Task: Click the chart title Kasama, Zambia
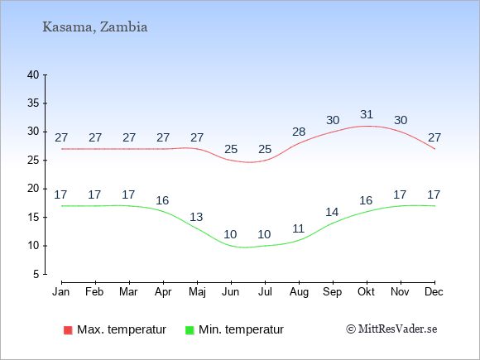click(95, 27)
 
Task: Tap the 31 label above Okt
click(367, 114)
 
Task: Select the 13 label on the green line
click(196, 217)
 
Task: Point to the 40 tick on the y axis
click(33, 74)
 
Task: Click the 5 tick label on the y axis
click(36, 274)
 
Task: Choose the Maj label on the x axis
click(197, 292)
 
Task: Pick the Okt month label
click(366, 292)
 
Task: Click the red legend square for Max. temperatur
click(68, 330)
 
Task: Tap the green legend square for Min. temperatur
click(190, 330)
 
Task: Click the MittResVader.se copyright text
click(391, 329)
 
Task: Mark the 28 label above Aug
click(299, 132)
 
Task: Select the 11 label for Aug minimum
click(298, 228)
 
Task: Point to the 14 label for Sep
click(332, 212)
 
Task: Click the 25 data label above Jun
click(231, 150)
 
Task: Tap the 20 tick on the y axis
click(33, 189)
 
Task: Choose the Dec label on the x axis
click(434, 292)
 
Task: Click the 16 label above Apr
click(162, 200)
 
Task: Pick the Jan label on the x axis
click(61, 292)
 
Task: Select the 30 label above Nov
click(401, 120)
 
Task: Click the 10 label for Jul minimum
click(264, 234)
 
